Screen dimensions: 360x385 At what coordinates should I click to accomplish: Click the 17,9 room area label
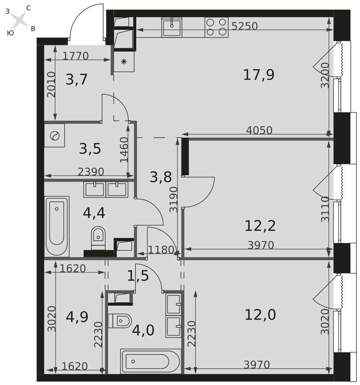coord(259,75)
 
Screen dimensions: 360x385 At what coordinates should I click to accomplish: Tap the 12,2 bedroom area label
coord(260,226)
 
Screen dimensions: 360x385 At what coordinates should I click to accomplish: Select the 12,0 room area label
coord(260,315)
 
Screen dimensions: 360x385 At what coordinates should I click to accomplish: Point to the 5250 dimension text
coord(244,26)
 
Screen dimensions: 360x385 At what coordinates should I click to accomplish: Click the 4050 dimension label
coord(260,130)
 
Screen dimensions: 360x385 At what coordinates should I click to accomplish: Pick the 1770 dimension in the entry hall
coord(75,56)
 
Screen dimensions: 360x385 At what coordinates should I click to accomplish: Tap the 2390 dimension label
coord(91,172)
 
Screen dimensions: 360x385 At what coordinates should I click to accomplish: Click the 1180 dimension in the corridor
coord(161,250)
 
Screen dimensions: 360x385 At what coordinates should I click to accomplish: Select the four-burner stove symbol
coord(216,27)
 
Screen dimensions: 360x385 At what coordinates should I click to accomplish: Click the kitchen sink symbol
coord(172,27)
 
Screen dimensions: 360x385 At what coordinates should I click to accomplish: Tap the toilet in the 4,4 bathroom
coord(98,238)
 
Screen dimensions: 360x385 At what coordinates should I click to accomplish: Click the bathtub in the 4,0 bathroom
coord(151,362)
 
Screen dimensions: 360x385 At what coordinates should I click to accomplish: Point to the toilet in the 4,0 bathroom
coord(120,320)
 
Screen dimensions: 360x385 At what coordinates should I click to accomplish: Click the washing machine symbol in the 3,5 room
coord(55,136)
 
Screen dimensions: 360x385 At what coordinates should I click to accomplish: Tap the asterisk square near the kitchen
coord(124,61)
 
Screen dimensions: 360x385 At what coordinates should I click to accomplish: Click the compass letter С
coord(28,8)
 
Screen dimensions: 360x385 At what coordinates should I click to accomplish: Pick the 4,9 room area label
coord(77,317)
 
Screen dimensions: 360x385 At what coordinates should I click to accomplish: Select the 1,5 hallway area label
coord(138,276)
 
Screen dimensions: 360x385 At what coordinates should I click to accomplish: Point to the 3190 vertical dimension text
coord(174,199)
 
